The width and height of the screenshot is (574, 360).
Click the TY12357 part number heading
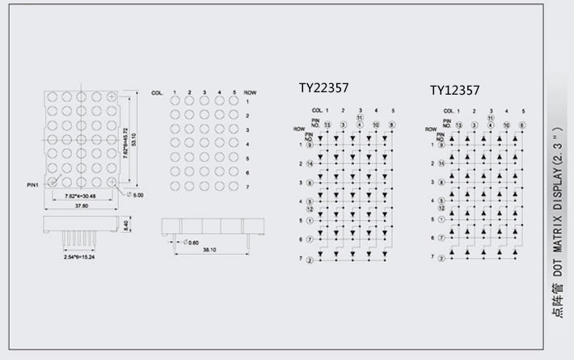pyautogui.click(x=454, y=90)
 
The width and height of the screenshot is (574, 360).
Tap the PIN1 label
pyautogui.click(x=32, y=186)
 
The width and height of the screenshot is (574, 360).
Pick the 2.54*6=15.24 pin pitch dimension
pyautogui.click(x=81, y=257)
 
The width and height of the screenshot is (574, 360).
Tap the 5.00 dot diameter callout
pyautogui.click(x=137, y=195)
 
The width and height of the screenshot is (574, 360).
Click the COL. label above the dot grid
pyautogui.click(x=158, y=94)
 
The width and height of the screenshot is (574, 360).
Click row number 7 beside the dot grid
pyautogui.click(x=249, y=187)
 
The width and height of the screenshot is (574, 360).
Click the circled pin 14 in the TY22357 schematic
pyautogui.click(x=310, y=164)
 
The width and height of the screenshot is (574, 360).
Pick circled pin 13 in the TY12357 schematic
pyautogui.click(x=458, y=125)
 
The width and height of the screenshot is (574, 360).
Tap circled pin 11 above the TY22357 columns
pyautogui.click(x=359, y=117)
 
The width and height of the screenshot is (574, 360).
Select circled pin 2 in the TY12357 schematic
pyautogui.click(x=441, y=258)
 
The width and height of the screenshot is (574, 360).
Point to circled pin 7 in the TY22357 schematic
pyautogui.click(x=310, y=239)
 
